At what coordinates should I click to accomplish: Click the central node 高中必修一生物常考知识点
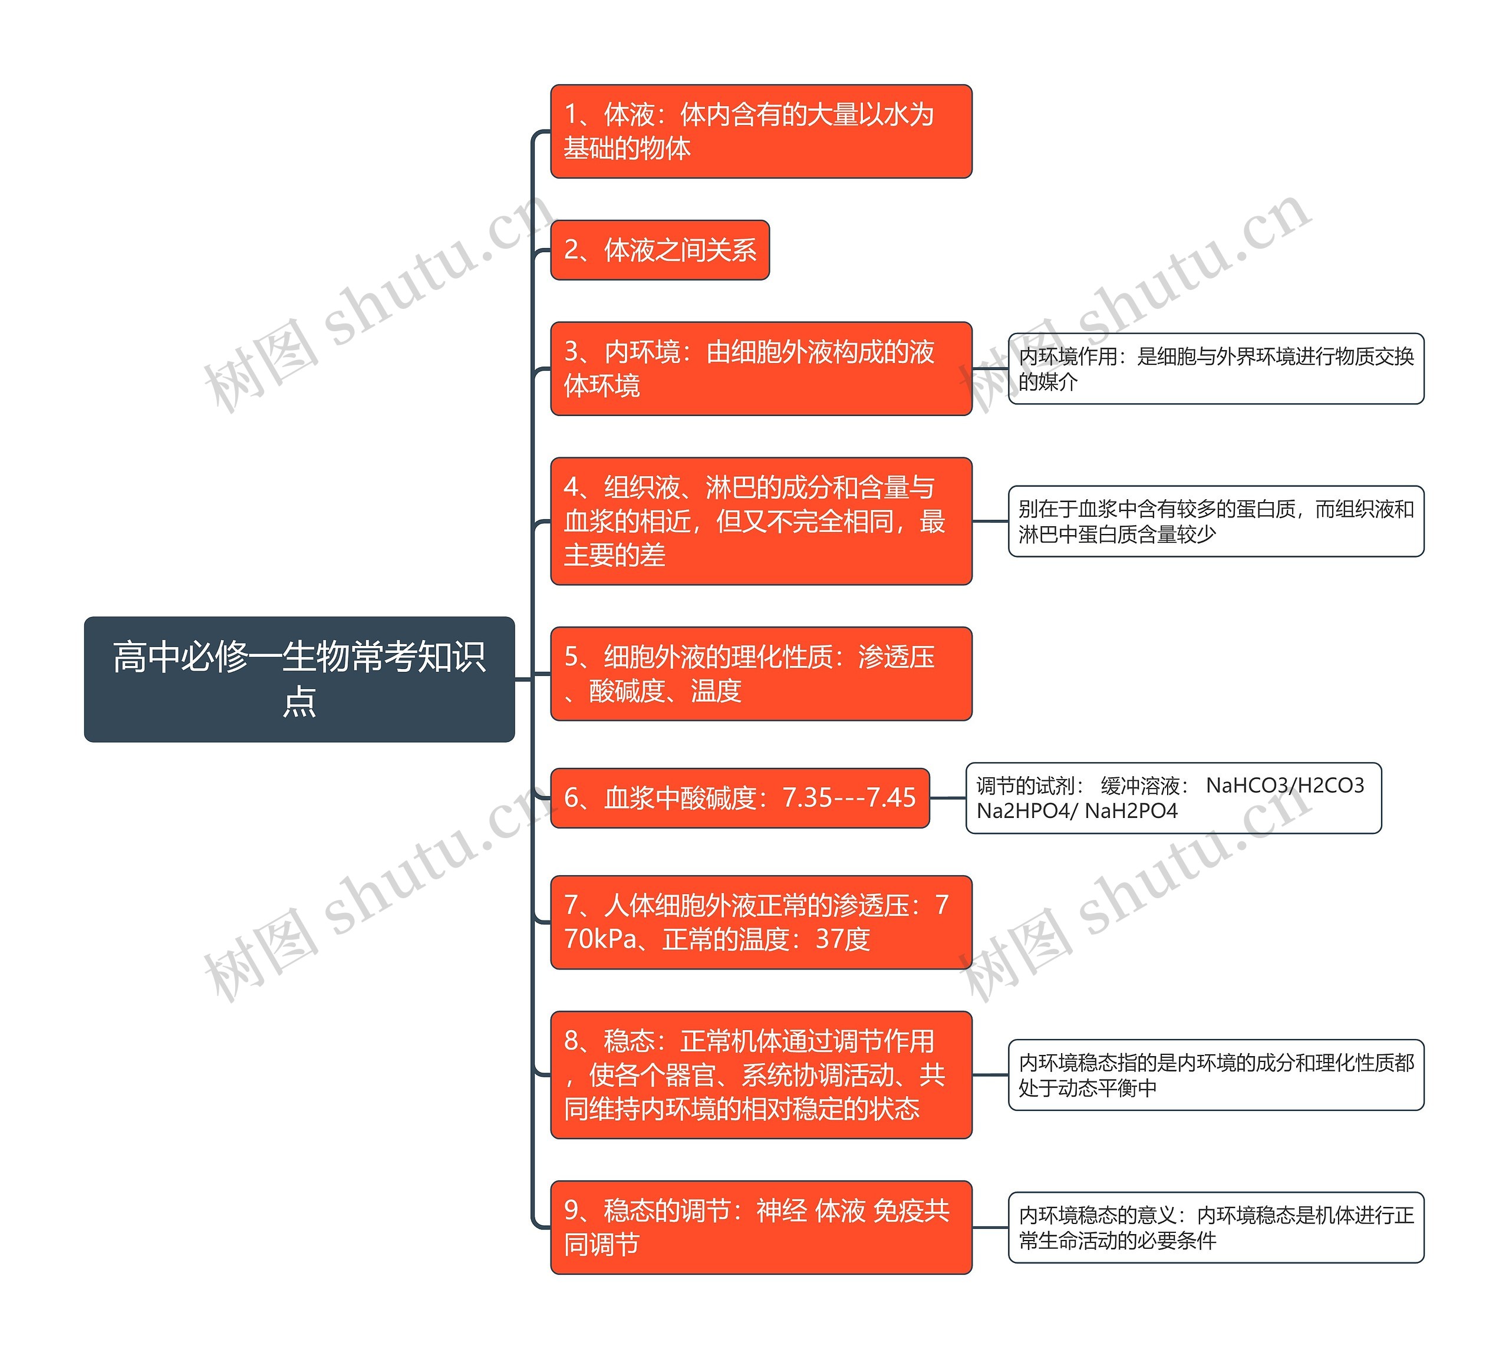299,679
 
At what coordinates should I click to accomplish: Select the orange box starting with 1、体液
760,131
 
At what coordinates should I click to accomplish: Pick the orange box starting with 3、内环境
760,369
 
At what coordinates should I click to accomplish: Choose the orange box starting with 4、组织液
760,521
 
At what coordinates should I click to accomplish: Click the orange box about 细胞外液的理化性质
760,674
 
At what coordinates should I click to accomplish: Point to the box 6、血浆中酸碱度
739,798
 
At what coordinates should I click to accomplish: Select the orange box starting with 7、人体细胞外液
760,922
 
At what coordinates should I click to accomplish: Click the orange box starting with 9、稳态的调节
760,1227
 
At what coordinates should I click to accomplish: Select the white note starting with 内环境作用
1215,369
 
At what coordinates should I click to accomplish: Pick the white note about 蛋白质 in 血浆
1215,521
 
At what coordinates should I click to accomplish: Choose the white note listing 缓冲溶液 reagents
1173,798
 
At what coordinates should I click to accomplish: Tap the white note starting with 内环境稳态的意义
1215,1227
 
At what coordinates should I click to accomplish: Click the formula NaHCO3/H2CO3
1285,786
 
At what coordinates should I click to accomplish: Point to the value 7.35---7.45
848,798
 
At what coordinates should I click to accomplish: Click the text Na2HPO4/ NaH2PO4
1077,811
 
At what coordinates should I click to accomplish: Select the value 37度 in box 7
842,939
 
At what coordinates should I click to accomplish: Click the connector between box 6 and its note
947,798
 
